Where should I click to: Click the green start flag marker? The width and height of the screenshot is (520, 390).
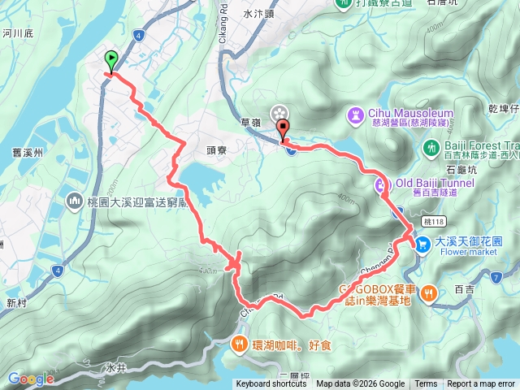[110, 59]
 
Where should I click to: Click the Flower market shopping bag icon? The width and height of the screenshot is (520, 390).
[422, 243]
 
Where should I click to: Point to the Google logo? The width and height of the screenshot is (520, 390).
[31, 379]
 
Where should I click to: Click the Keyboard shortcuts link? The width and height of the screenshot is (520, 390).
[271, 384]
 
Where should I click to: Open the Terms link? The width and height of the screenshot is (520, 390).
[426, 384]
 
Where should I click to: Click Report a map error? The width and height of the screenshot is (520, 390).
[481, 384]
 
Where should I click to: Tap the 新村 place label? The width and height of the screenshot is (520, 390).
[15, 302]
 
